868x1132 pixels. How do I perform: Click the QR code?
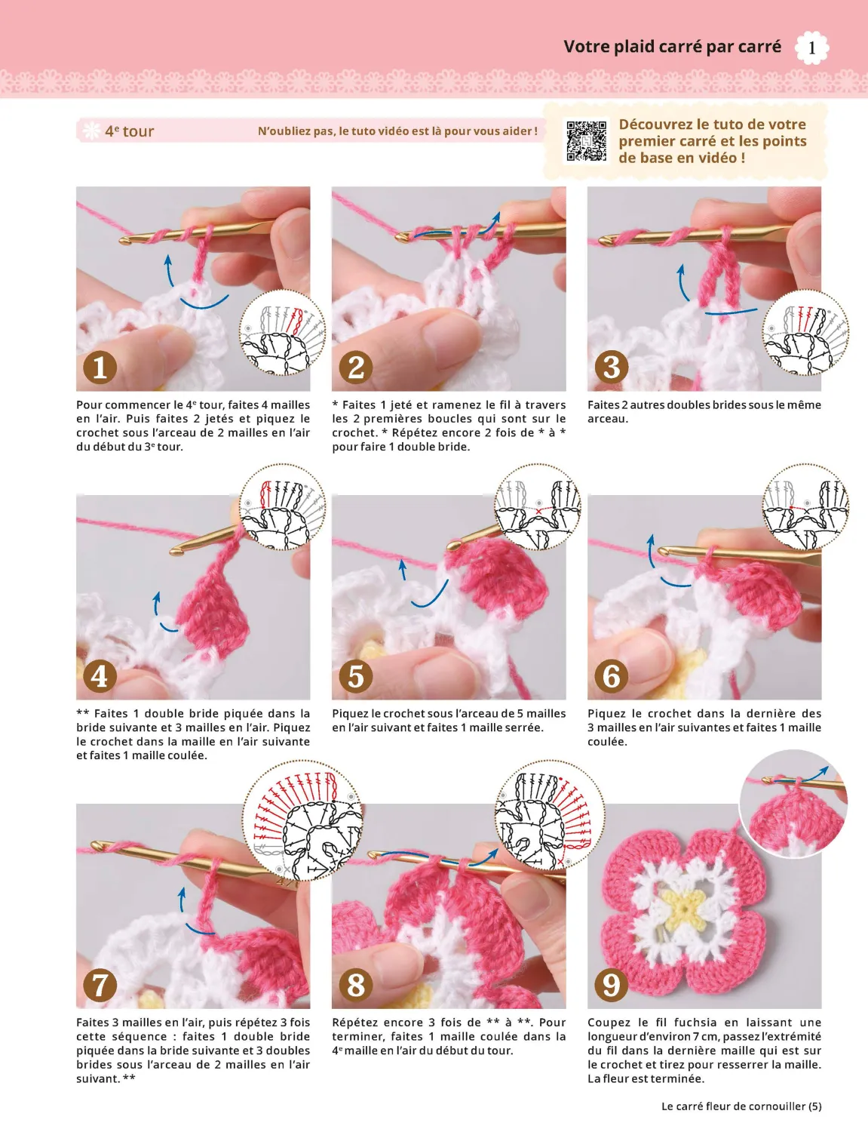click(586, 141)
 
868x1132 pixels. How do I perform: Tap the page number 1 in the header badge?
click(811, 48)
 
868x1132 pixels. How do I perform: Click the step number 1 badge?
click(100, 368)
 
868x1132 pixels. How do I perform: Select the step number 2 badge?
click(356, 368)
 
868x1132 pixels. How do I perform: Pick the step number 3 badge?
click(612, 368)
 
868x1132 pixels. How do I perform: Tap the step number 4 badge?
click(100, 676)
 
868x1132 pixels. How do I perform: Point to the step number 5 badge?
click(356, 676)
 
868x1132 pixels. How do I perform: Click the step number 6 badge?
click(612, 676)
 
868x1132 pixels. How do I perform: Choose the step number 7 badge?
click(100, 985)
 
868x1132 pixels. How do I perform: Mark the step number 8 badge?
click(356, 985)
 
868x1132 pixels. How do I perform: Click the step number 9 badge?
click(612, 985)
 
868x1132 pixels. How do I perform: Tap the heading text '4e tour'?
click(129, 131)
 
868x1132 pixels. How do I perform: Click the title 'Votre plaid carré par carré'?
click(672, 47)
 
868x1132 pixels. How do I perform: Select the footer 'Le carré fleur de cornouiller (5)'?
click(741, 1106)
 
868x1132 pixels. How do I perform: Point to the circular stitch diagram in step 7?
click(303, 821)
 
